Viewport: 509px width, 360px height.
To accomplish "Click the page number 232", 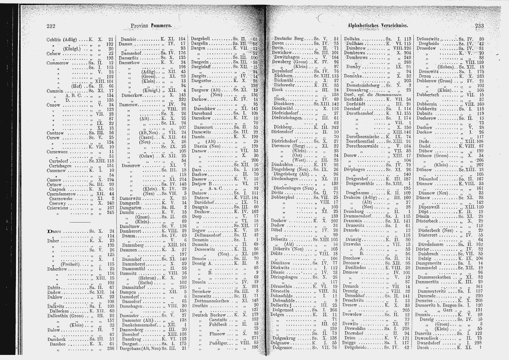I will pyautogui.click(x=50, y=26).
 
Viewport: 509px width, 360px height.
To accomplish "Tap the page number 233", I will pyautogui.click(x=479, y=26).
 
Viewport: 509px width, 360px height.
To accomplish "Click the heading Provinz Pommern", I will pyautogui.click(x=152, y=26).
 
